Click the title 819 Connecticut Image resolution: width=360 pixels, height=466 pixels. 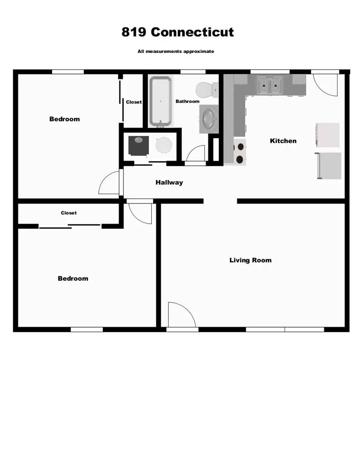point(178,32)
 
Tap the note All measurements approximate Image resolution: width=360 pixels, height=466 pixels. point(176,52)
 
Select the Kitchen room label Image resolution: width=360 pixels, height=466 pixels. point(283,141)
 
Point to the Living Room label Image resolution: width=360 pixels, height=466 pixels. point(250,260)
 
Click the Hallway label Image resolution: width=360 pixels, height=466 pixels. point(169,182)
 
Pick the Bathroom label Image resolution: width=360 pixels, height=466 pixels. point(187,101)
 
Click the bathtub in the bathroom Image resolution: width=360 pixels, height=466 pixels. point(160,101)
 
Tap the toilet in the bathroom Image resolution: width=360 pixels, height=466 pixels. point(206,90)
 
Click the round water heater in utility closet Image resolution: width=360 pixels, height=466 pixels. point(164,145)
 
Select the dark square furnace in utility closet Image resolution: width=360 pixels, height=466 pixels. point(139,145)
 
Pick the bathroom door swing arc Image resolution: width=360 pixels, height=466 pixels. point(196,154)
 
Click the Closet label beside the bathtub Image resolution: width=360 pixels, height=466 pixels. point(134,102)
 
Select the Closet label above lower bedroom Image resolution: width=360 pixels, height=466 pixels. point(69,213)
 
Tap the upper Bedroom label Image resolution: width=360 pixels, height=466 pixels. point(64,119)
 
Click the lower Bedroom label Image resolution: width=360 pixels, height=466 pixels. point(73,278)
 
